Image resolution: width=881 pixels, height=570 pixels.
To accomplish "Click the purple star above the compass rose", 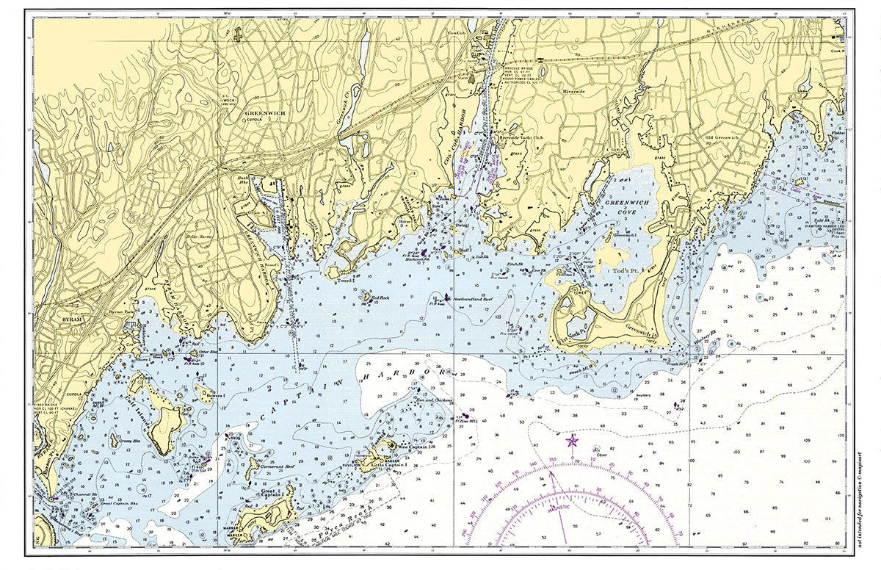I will click(x=572, y=441).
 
